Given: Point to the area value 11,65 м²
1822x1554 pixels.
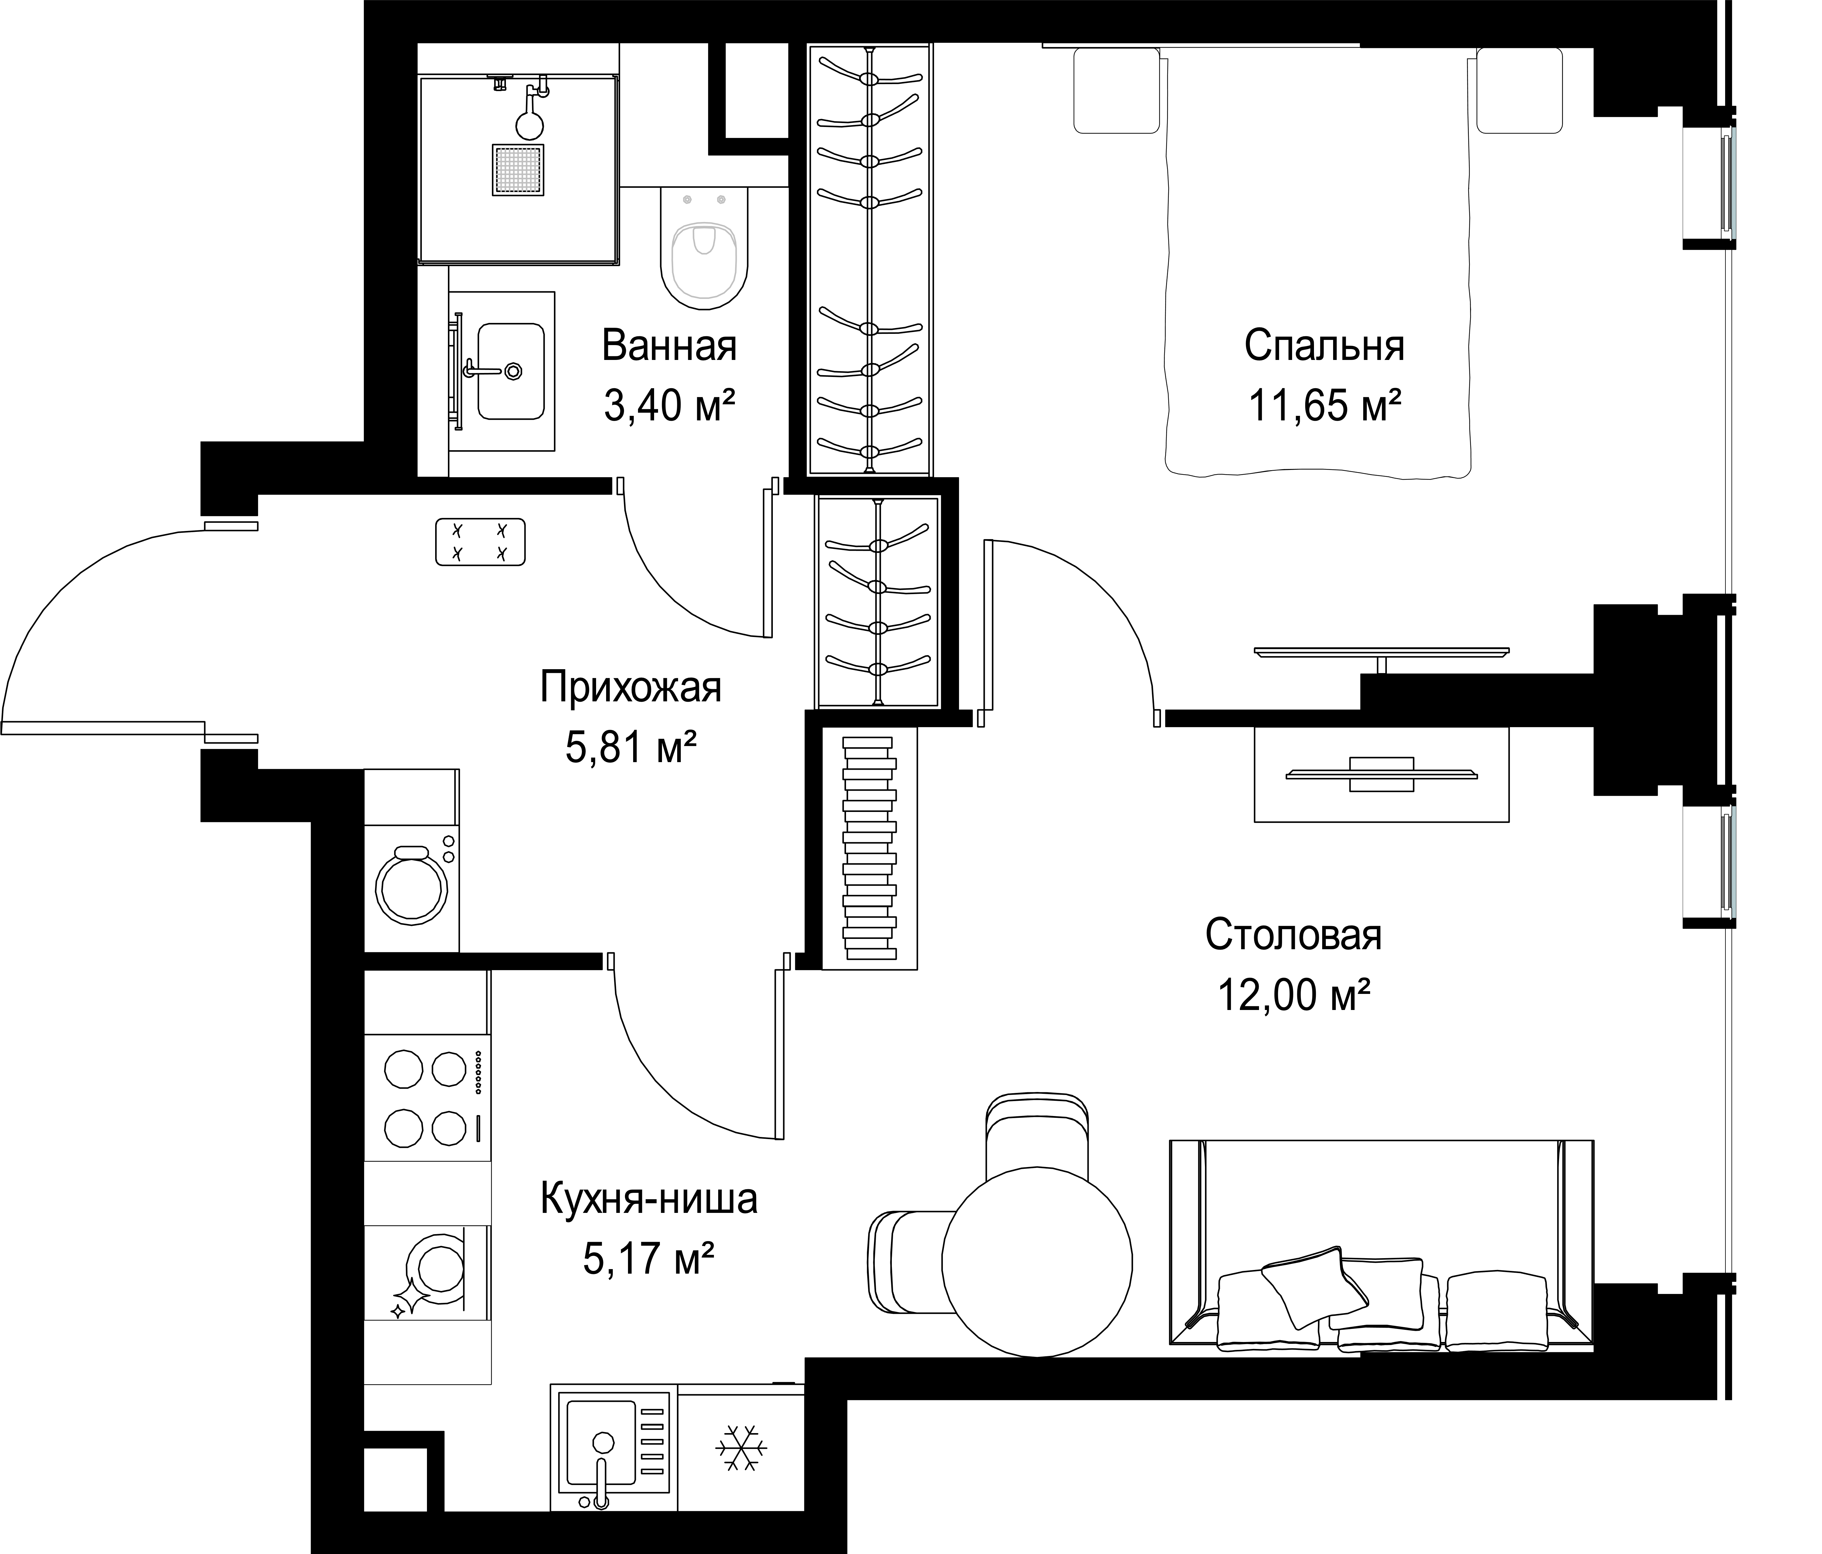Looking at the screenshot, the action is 1324,406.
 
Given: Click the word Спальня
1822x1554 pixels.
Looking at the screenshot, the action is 1324,347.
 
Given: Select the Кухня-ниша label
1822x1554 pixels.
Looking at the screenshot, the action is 649,1199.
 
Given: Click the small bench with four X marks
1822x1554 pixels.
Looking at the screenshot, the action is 480,542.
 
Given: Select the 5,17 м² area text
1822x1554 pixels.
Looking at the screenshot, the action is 648,1259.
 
